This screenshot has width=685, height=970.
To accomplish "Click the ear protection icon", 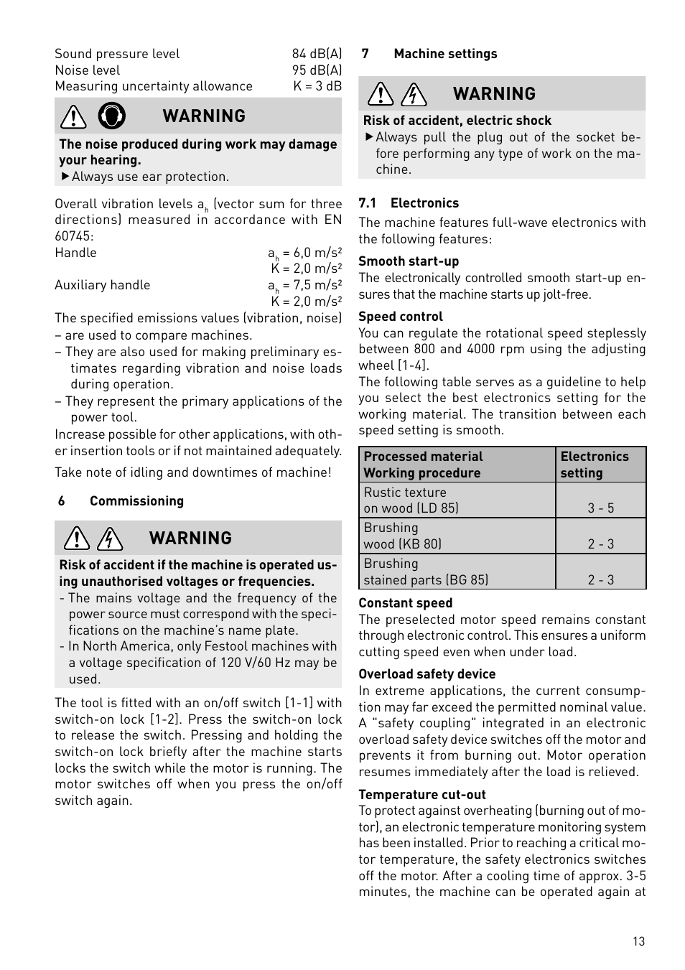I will (111, 116).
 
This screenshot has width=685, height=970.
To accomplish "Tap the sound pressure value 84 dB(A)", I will (317, 54).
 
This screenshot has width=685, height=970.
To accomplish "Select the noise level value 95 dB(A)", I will (317, 70).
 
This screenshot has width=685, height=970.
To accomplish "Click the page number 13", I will (638, 941).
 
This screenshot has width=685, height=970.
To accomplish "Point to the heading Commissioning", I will (136, 501).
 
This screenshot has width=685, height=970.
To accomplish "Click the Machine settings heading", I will (445, 54).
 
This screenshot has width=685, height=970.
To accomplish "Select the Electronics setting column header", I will (594, 465).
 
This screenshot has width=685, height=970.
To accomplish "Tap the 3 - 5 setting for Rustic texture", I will (601, 508).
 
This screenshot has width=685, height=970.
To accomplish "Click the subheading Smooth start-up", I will (409, 261).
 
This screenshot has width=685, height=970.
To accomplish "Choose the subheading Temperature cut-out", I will (422, 794).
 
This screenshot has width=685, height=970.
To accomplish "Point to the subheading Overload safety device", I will (427, 674).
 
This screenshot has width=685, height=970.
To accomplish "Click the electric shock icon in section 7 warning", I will (414, 94).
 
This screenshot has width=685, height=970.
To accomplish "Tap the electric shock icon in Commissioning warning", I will (110, 538).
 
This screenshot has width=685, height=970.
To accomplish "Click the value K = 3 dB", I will (317, 86).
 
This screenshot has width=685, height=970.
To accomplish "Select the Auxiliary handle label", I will (103, 285).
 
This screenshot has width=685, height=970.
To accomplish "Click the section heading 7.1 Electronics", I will (409, 203).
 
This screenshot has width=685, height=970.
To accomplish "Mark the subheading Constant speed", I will (406, 603).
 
